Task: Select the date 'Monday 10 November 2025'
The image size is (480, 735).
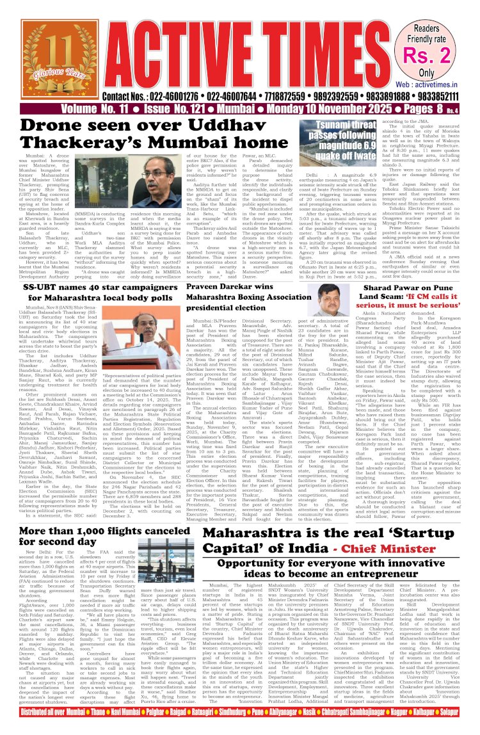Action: (307, 110)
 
